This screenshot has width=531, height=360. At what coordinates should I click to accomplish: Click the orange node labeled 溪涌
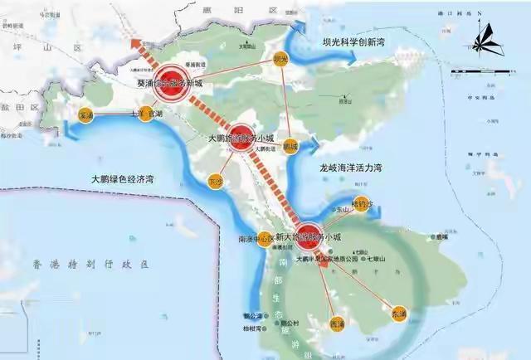(x=85, y=115)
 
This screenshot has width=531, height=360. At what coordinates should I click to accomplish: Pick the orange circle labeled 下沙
(x=217, y=179)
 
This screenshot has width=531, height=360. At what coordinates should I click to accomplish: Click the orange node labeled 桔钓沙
(x=358, y=204)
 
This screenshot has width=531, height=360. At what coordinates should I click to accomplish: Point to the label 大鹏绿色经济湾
(x=123, y=178)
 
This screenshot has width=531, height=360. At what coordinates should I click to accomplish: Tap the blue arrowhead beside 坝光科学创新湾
(x=354, y=57)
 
